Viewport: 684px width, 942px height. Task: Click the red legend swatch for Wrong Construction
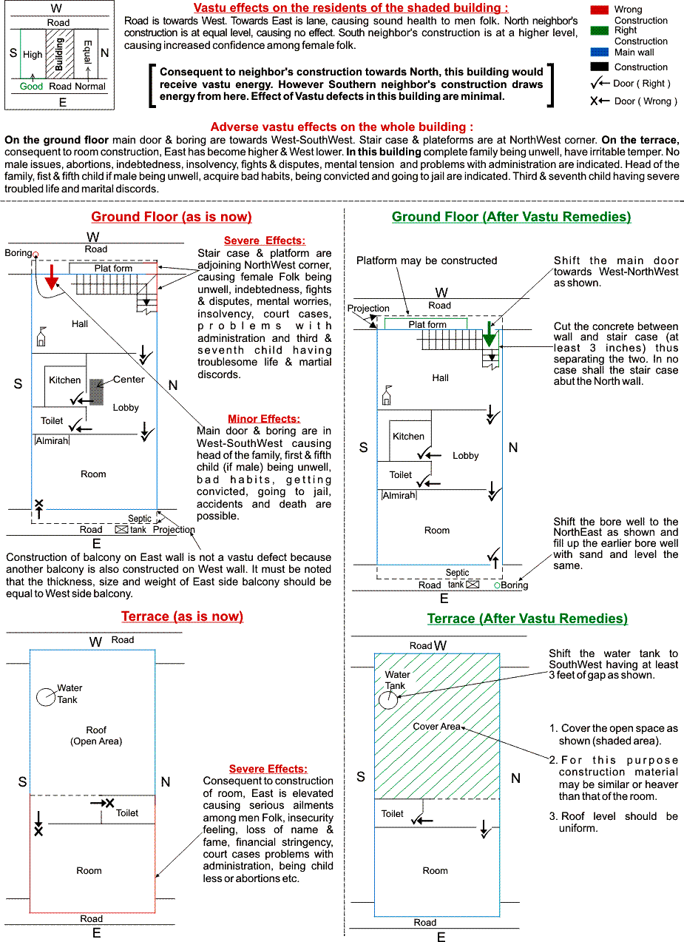pyautogui.click(x=600, y=10)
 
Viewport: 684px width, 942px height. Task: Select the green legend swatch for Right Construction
pyautogui.click(x=600, y=30)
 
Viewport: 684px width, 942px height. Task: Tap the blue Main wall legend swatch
pyautogui.click(x=600, y=53)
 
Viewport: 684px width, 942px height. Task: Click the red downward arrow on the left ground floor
pyautogui.click(x=51, y=276)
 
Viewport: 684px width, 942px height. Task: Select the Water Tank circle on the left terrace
pyautogui.click(x=47, y=696)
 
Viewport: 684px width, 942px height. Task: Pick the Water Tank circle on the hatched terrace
pyautogui.click(x=387, y=700)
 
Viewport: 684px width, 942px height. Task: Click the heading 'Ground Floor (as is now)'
pyautogui.click(x=172, y=217)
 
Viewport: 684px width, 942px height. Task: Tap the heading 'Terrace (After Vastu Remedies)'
pyautogui.click(x=527, y=619)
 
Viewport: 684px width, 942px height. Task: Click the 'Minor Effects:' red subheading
pyautogui.click(x=264, y=419)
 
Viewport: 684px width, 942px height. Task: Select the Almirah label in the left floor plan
pyautogui.click(x=52, y=441)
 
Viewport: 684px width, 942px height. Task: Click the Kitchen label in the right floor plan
pyautogui.click(x=408, y=437)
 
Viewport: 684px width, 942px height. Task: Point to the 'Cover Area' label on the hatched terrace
pyautogui.click(x=436, y=727)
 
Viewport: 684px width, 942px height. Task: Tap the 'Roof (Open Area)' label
pyautogui.click(x=96, y=736)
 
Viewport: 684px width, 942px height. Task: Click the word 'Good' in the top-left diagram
pyautogui.click(x=31, y=87)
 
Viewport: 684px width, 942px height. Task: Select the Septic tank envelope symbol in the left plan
pyautogui.click(x=121, y=530)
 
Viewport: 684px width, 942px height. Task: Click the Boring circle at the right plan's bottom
pyautogui.click(x=498, y=585)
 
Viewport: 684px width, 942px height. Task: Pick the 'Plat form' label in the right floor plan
pyautogui.click(x=427, y=324)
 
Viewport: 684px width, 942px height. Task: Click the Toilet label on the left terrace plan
pyautogui.click(x=127, y=813)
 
